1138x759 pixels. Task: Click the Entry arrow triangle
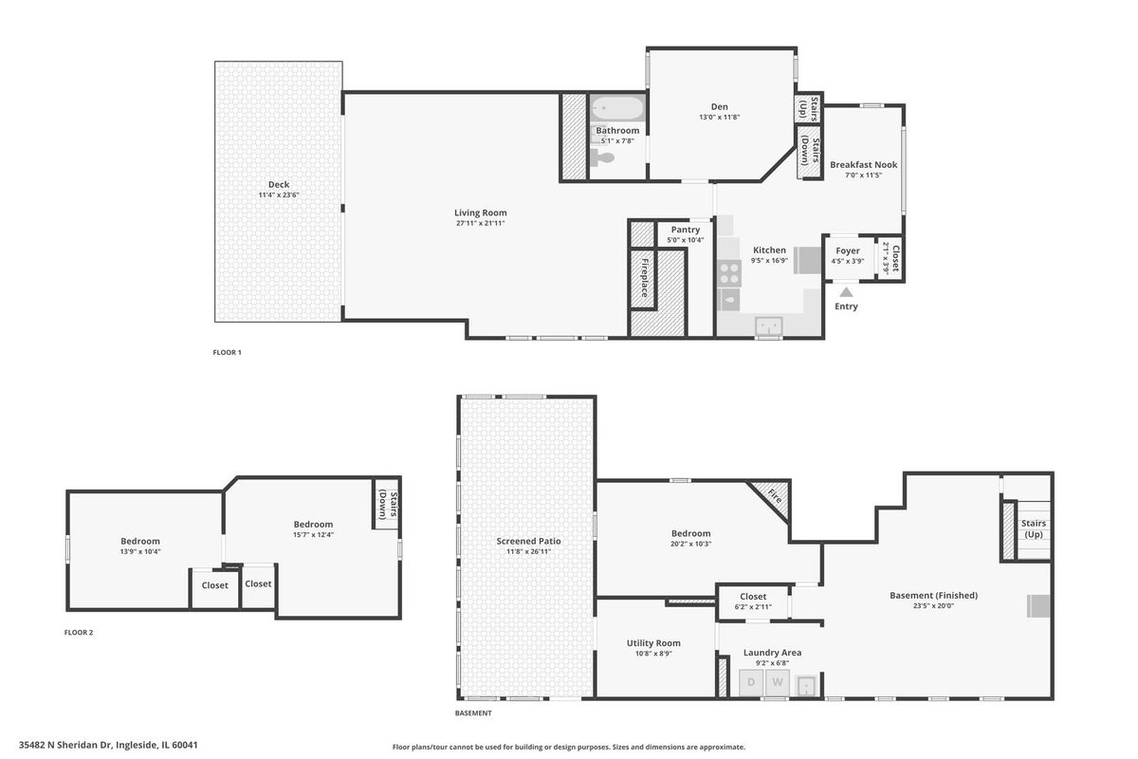point(846,292)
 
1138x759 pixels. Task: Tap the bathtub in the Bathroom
point(618,108)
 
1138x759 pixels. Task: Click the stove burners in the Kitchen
point(729,273)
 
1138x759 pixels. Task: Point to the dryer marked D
point(751,683)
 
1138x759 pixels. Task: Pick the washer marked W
point(778,683)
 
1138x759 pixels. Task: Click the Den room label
point(720,107)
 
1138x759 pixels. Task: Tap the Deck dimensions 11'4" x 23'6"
point(279,194)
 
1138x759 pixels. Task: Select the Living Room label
point(480,213)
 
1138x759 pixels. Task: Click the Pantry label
point(686,230)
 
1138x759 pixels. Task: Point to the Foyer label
point(848,250)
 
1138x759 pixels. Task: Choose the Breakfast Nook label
point(863,165)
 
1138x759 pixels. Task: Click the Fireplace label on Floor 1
point(644,278)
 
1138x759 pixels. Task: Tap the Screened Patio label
point(528,541)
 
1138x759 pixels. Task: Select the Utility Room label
point(653,643)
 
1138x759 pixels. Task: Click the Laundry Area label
point(772,652)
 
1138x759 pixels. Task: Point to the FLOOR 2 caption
point(79,633)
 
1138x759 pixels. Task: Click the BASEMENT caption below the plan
point(473,713)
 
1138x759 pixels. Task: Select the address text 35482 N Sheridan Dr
point(65,745)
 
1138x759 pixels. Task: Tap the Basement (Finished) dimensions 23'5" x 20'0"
point(932,605)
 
